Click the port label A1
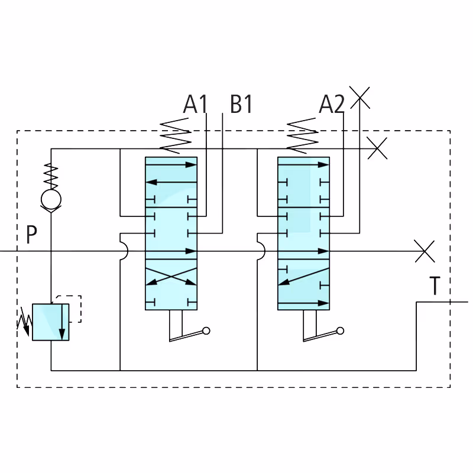tap(195, 104)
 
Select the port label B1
tap(241, 104)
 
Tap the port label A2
tap(332, 104)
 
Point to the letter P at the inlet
tap(31, 234)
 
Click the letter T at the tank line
tap(435, 286)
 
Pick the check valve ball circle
tap(51, 199)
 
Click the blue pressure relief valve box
tap(51, 322)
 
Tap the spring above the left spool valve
tap(175, 136)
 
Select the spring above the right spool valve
tap(302, 136)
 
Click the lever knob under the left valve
tap(206, 331)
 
